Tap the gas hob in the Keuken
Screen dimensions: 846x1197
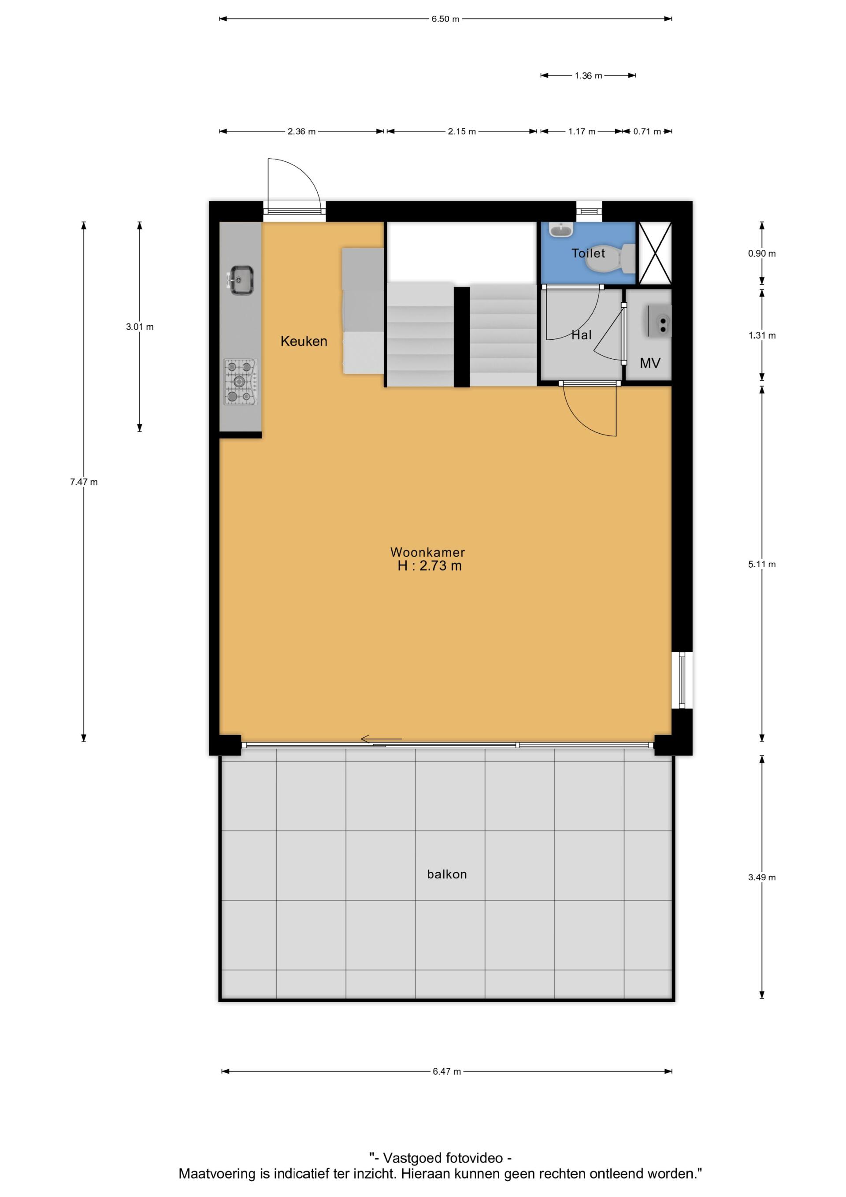pos(240,382)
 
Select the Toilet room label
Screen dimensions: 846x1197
pos(588,253)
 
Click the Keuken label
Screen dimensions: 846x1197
pos(304,341)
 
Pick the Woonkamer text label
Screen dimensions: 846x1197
pos(427,552)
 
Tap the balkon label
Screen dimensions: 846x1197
pos(447,874)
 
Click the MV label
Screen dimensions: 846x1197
pos(650,363)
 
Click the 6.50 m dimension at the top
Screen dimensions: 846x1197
pos(445,19)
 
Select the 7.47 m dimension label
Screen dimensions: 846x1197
pos(84,482)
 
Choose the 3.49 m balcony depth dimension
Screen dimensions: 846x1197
pos(761,877)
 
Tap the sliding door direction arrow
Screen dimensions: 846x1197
pos(381,738)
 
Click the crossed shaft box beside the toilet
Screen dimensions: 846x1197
pos(655,253)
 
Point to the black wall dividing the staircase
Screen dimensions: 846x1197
pos(462,337)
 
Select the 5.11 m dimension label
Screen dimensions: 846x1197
pos(761,564)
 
